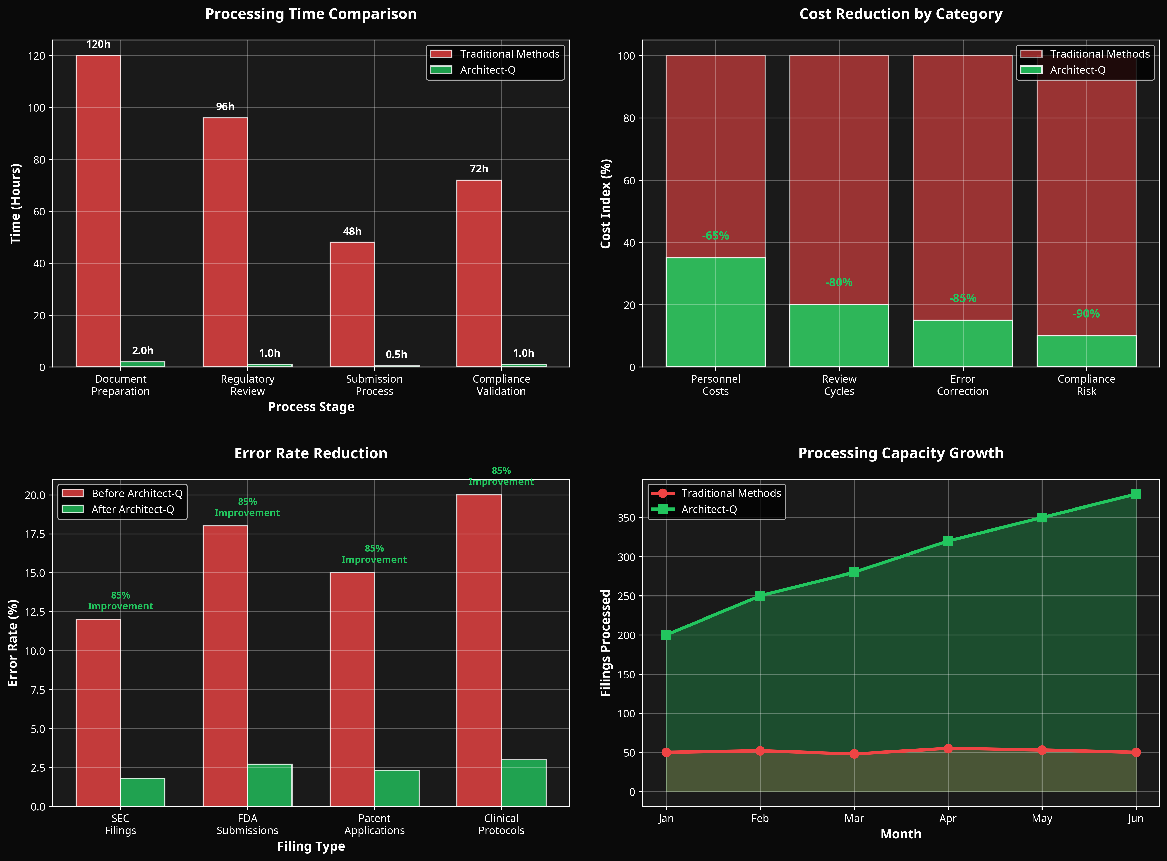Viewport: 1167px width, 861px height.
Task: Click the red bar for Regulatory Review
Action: (225, 242)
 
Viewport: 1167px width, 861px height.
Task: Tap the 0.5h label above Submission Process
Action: (396, 355)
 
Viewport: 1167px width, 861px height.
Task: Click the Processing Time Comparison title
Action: (311, 14)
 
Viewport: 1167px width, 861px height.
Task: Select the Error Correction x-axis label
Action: (963, 385)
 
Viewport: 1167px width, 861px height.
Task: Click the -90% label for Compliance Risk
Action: (1086, 314)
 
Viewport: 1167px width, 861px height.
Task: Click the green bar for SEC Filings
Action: (143, 792)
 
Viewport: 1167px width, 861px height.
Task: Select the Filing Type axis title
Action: (311, 846)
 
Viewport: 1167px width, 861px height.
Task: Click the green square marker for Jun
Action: (1136, 494)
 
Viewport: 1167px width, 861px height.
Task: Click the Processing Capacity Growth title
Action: (901, 453)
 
